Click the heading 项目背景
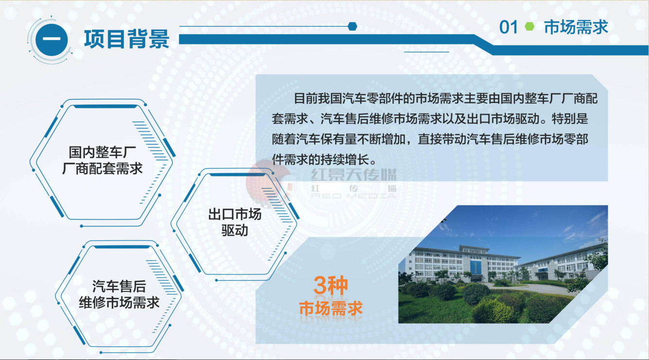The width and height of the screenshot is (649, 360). (127, 38)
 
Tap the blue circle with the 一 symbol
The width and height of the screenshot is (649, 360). (51, 39)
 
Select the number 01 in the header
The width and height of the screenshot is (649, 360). (508, 27)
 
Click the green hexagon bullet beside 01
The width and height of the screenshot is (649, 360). (529, 26)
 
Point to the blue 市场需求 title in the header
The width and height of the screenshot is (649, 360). (576, 27)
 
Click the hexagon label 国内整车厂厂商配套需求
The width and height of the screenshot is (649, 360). (102, 160)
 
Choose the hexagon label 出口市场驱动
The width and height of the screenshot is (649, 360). (235, 222)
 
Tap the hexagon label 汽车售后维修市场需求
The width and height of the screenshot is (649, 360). (119, 294)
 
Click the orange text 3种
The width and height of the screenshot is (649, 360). (331, 285)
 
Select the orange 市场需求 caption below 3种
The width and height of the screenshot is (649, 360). (331, 308)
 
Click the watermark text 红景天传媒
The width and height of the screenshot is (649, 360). (354, 174)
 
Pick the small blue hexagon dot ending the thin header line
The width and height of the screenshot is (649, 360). (352, 26)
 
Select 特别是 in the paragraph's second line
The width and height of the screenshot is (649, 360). (570, 119)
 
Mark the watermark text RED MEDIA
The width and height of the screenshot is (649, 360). (354, 196)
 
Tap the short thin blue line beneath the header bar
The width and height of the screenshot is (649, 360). (426, 52)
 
